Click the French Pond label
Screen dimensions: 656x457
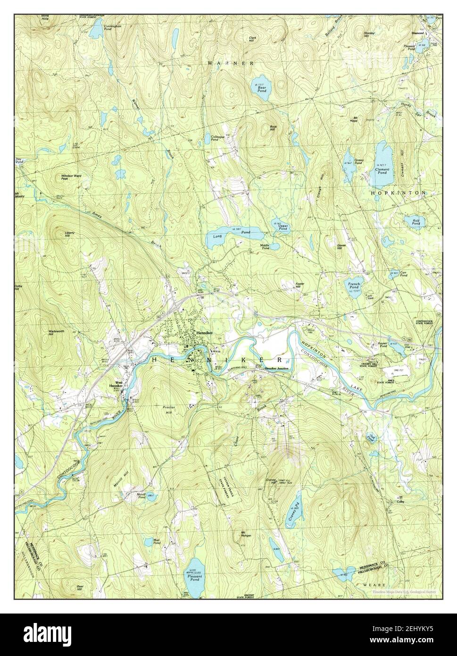354,285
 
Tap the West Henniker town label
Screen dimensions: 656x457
116,385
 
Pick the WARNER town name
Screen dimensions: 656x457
231,63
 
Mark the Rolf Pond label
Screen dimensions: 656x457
415,222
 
